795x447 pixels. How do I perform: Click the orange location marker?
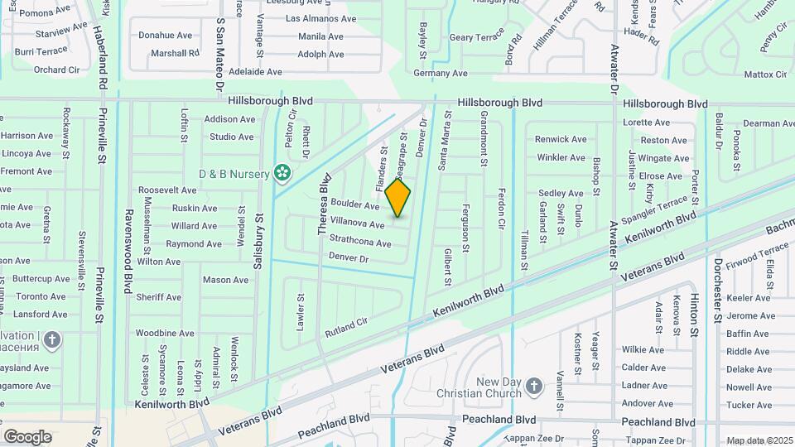point(398,198)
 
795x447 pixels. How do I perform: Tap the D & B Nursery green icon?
point(282,173)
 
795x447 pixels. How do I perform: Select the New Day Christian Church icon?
point(534,387)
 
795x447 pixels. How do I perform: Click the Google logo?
point(27,436)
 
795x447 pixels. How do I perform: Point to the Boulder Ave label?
point(354,204)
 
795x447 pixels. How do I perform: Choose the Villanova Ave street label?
point(357,223)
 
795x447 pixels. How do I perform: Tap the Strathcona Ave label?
point(359,242)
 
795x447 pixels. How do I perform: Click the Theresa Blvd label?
point(324,203)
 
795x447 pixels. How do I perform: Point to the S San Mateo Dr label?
point(220,55)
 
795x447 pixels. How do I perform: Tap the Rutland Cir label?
point(346,324)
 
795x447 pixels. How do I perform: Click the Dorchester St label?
point(718,292)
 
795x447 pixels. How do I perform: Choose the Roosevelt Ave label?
point(166,190)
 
